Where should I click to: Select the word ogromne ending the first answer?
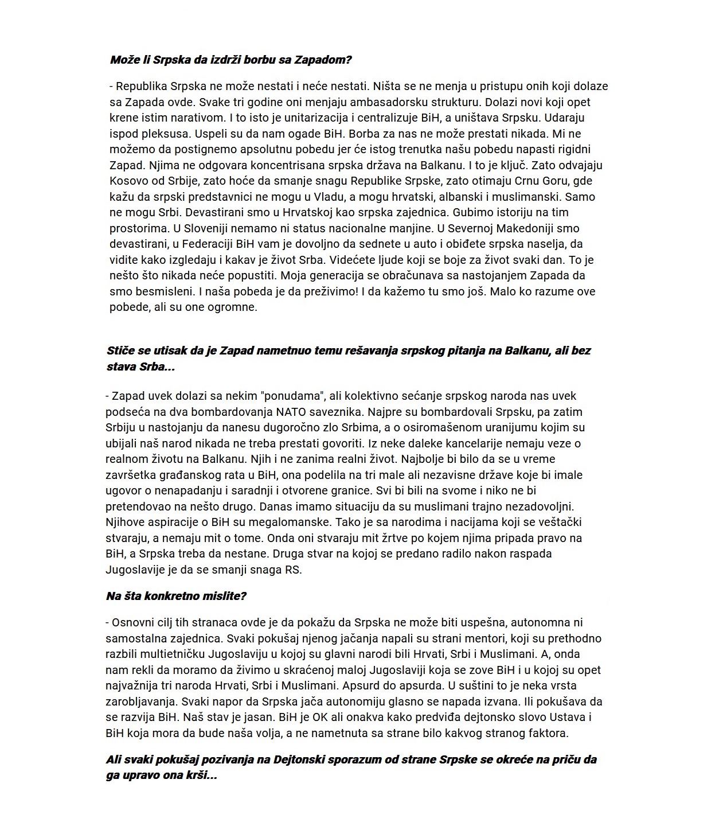click(x=229, y=307)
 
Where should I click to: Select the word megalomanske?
click(x=277, y=523)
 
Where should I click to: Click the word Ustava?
click(x=558, y=717)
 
